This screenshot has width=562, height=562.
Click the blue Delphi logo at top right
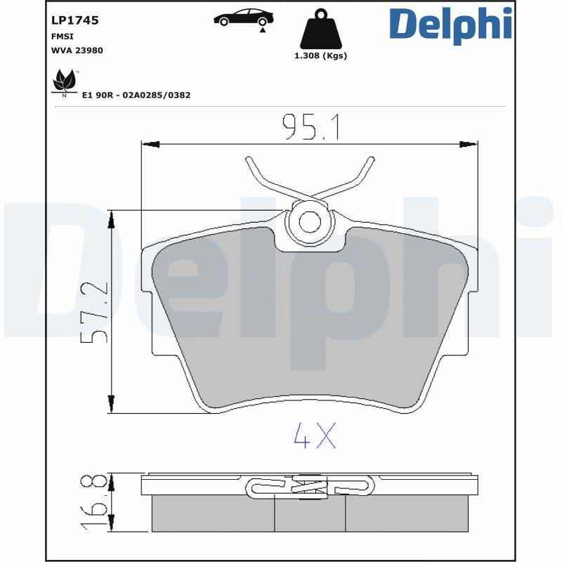[x=450, y=25]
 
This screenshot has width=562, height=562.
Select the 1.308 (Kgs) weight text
[x=320, y=56]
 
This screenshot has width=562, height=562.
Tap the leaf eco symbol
[x=65, y=81]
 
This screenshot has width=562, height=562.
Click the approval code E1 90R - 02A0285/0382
[x=136, y=94]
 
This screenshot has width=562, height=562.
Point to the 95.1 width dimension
[x=311, y=127]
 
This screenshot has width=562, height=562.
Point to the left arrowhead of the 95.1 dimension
[x=149, y=145]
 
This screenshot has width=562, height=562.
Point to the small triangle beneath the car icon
[x=263, y=30]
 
